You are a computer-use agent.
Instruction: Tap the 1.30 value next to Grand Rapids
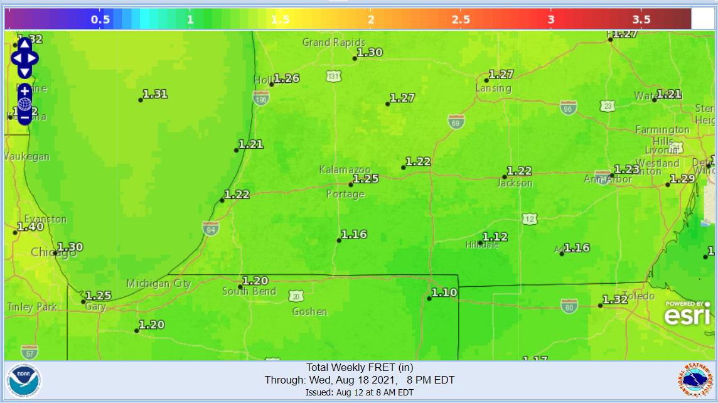(370, 53)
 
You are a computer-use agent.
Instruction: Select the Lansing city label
(493, 89)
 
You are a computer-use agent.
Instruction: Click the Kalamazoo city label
(345, 170)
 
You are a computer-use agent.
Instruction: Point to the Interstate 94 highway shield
(211, 228)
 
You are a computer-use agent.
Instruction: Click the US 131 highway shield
(334, 77)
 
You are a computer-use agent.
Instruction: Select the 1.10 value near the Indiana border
(444, 293)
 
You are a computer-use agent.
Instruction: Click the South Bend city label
(249, 291)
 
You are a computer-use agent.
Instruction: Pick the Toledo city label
(639, 296)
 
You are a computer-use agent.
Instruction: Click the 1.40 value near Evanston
(30, 227)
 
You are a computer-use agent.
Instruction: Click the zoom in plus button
(24, 91)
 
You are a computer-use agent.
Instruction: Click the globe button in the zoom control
(24, 104)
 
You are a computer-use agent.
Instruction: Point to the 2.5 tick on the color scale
(461, 19)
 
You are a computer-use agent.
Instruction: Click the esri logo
(687, 313)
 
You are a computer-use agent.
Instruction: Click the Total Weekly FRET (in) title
(359, 368)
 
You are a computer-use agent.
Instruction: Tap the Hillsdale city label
(482, 245)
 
